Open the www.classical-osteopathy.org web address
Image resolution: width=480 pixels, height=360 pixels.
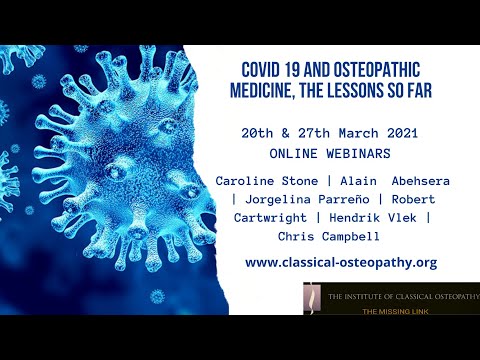(x=340, y=262)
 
